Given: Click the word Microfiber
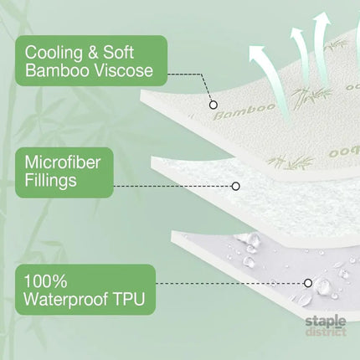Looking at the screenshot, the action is click(x=62, y=162).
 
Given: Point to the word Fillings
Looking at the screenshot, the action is click(x=50, y=180).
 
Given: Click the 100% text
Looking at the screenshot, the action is click(x=45, y=281).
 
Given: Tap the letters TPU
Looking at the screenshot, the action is click(x=129, y=299).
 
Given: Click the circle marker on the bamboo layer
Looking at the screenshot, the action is click(x=213, y=105).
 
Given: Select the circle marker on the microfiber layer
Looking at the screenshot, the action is click(x=236, y=186).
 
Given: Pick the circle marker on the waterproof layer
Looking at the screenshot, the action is click(x=308, y=283).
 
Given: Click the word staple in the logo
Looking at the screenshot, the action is click(x=326, y=321).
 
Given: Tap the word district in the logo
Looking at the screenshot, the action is click(x=326, y=332).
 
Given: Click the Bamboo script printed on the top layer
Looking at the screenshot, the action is click(x=244, y=111).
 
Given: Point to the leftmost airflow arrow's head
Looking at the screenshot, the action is click(x=258, y=54).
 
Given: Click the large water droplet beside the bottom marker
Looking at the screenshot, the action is click(x=322, y=284).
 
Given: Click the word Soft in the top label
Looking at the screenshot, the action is click(x=119, y=53).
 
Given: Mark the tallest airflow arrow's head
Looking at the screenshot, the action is click(x=321, y=19).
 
